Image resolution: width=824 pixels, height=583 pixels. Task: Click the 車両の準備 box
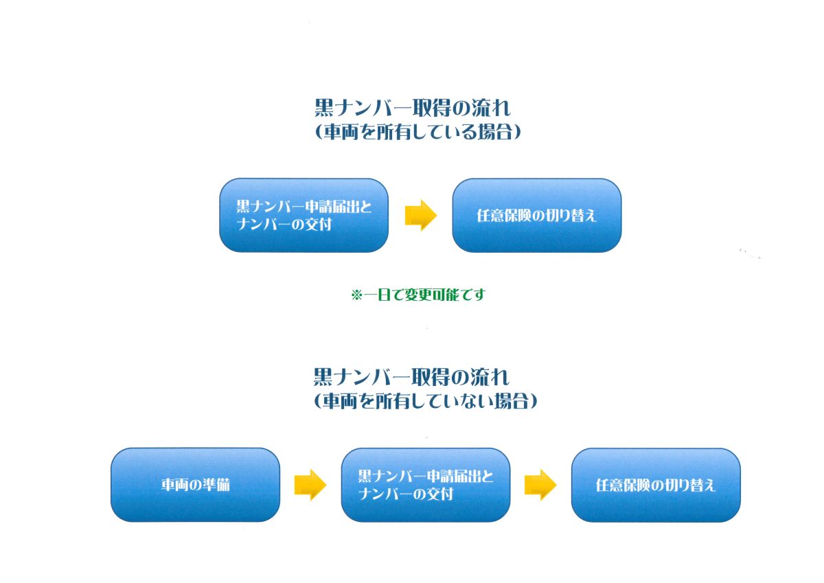click(195, 484)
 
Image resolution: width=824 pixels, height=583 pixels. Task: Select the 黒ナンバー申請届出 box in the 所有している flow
click(304, 215)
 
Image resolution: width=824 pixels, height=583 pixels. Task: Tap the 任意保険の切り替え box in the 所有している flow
click(536, 215)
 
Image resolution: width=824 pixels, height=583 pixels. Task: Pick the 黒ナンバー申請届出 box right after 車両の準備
click(425, 484)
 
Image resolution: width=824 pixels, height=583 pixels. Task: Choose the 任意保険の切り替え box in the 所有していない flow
click(656, 484)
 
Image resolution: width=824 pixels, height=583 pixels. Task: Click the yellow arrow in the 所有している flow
click(420, 215)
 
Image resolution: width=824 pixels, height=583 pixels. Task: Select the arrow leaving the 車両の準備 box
click(310, 484)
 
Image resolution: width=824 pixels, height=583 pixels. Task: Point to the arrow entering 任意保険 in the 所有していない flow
click(540, 484)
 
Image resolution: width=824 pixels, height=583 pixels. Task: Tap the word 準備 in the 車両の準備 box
click(215, 484)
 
